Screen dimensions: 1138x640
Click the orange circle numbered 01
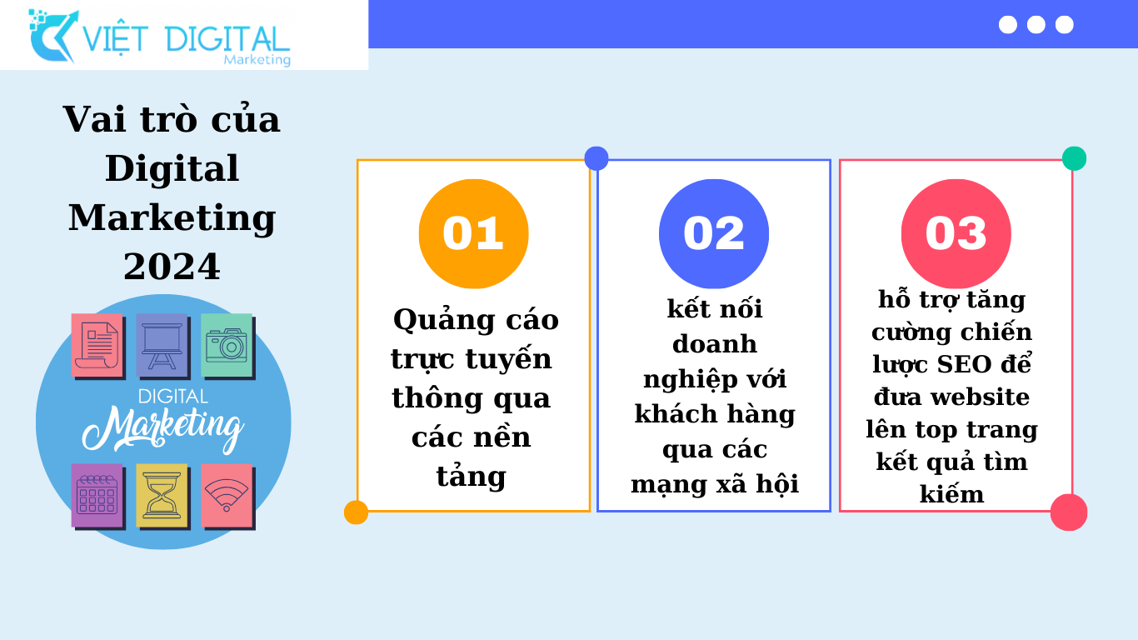pos(473,234)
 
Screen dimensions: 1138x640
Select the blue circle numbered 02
pos(714,234)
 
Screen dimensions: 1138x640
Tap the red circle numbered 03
pos(956,234)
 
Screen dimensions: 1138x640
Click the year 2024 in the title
pos(172,267)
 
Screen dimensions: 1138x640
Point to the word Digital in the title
pos(172,168)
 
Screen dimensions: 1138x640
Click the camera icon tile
pos(227,347)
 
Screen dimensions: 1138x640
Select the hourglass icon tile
pos(162,497)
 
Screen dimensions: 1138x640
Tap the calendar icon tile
pos(98,497)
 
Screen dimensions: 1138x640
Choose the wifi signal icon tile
pos(227,497)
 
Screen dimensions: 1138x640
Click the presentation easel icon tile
pos(162,347)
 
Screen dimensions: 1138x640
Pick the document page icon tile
pos(98,347)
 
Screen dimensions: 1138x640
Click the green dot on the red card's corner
pos(1074,158)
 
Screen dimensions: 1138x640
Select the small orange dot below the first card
pos(356,512)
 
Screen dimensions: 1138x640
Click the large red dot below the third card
pos(1069,512)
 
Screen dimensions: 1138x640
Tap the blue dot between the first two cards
pos(596,158)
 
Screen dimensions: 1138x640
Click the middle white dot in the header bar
pos(1036,24)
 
